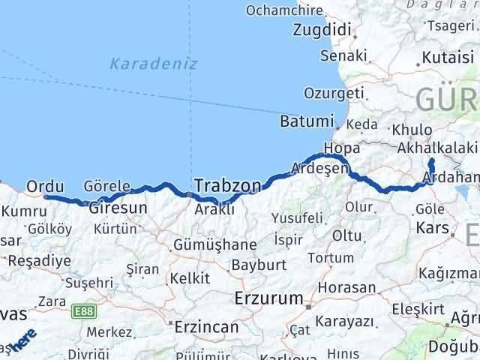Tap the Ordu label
click(x=43, y=185)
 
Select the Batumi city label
click(x=305, y=121)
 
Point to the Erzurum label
click(x=268, y=295)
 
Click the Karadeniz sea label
click(x=154, y=64)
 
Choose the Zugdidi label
click(x=322, y=31)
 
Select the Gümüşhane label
click(x=214, y=244)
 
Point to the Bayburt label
click(x=259, y=265)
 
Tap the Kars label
click(x=433, y=227)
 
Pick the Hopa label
click(x=337, y=148)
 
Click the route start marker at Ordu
click(x=46, y=197)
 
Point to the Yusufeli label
click(x=298, y=217)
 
